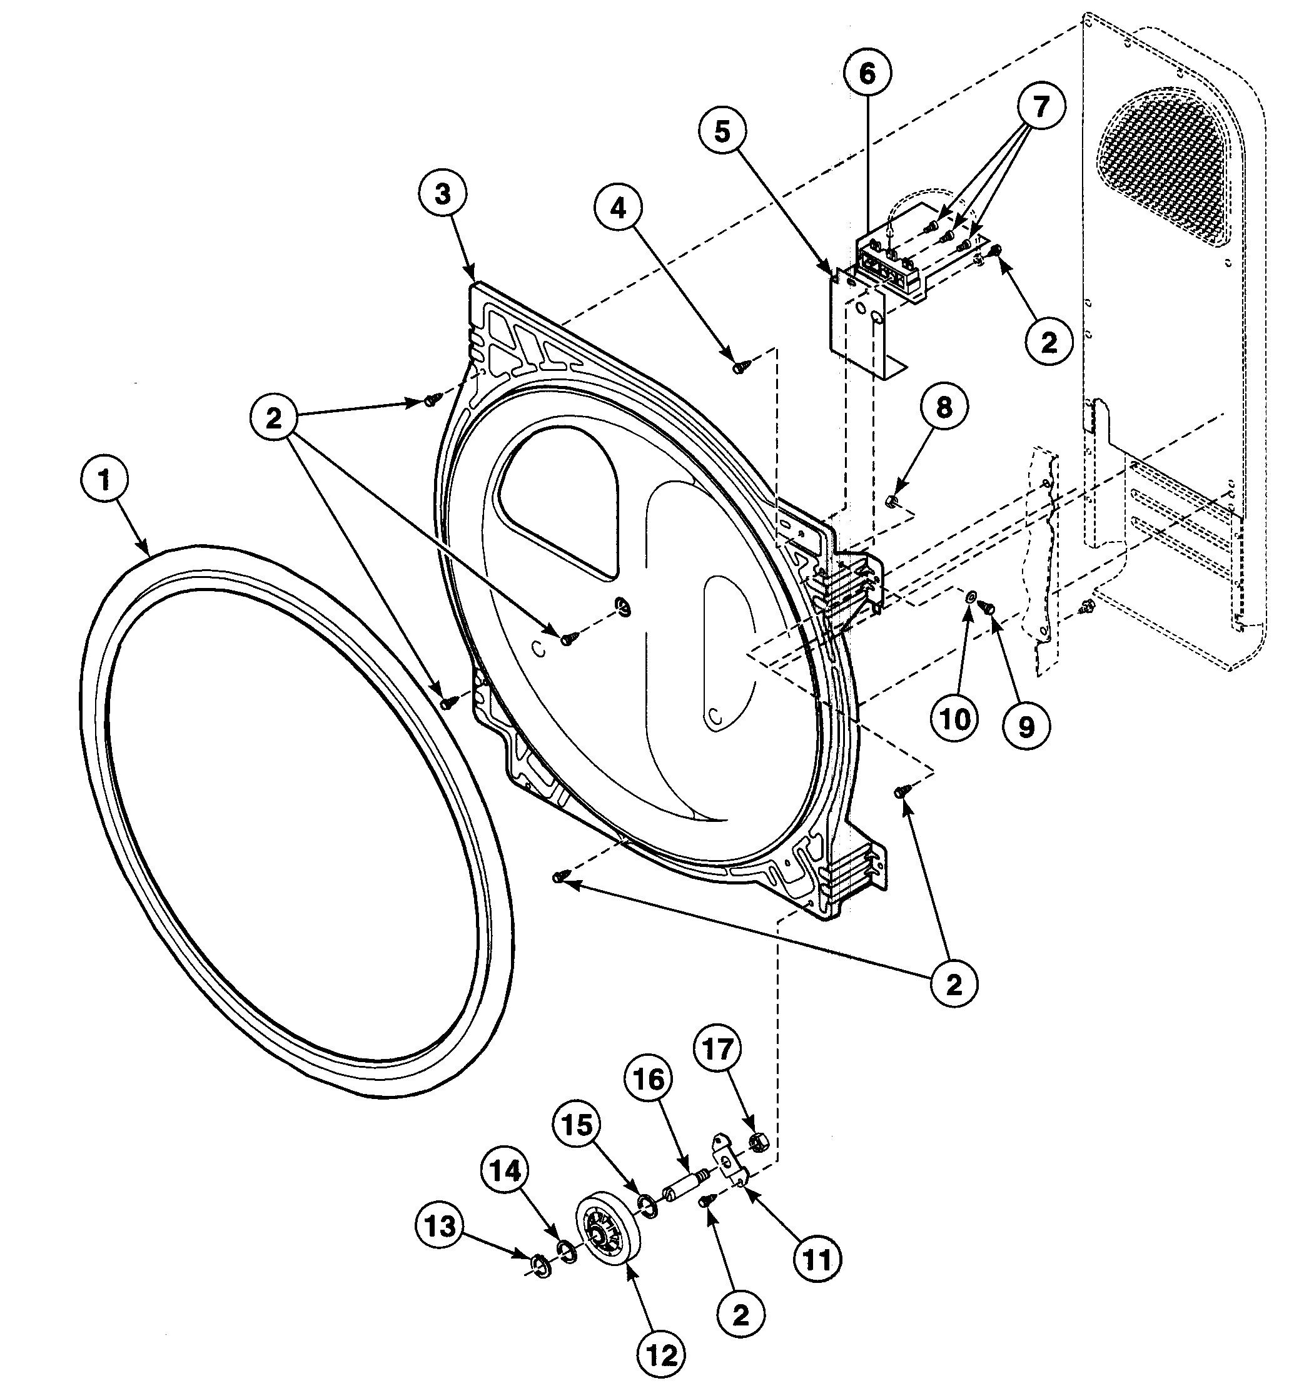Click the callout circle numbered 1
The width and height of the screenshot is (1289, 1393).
click(x=104, y=480)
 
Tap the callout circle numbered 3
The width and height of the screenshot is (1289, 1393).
click(x=443, y=195)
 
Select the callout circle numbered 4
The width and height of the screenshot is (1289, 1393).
click(x=619, y=208)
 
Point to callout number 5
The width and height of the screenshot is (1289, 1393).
click(x=722, y=131)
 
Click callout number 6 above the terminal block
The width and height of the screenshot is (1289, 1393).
click(x=867, y=73)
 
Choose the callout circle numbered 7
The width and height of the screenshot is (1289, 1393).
click(x=1041, y=107)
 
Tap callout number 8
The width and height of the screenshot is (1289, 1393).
click(x=944, y=408)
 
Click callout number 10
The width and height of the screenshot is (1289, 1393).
click(x=956, y=718)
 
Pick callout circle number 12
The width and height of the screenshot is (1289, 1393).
click(x=661, y=1355)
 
